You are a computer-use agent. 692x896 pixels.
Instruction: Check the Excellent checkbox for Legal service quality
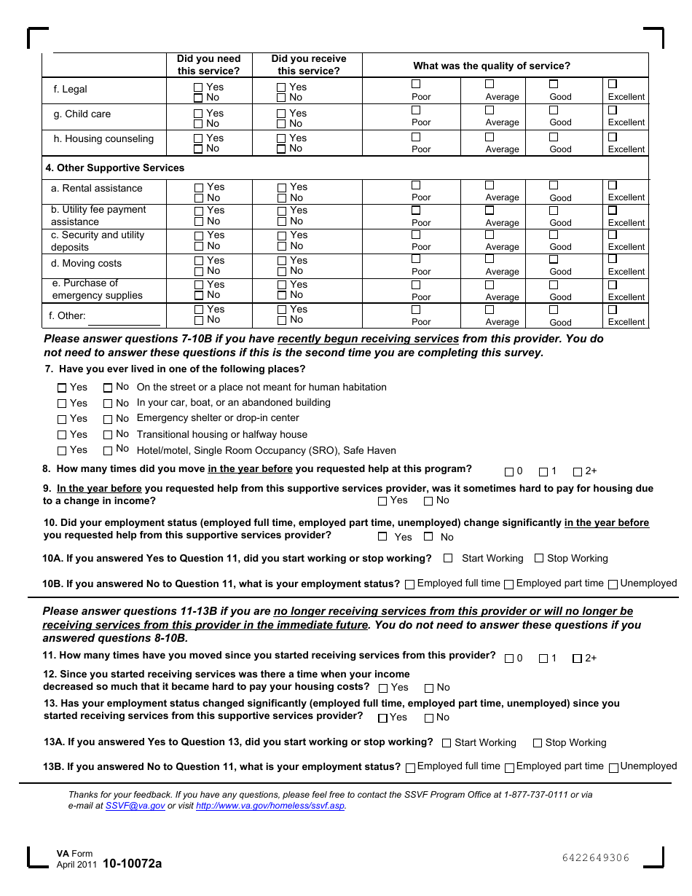click(613, 84)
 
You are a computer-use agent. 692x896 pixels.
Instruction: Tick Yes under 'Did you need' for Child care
click(198, 114)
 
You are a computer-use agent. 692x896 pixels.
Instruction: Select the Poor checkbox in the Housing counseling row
click(416, 137)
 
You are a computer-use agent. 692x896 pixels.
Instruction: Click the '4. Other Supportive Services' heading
click(115, 168)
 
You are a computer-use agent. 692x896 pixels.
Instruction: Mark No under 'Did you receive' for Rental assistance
click(282, 198)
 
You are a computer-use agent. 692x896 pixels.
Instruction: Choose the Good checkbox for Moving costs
click(554, 259)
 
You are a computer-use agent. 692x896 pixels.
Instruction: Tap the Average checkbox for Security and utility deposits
click(489, 235)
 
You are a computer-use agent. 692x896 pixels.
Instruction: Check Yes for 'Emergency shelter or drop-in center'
click(62, 419)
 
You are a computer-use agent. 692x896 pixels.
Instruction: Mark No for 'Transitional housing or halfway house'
click(108, 435)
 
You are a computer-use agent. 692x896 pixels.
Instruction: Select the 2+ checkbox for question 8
click(578, 472)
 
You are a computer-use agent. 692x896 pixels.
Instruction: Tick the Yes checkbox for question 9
click(382, 501)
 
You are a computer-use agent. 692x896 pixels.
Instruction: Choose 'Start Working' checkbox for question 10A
click(448, 559)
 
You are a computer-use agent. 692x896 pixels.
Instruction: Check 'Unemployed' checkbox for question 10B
click(613, 584)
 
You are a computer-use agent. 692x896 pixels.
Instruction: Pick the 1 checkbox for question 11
click(543, 659)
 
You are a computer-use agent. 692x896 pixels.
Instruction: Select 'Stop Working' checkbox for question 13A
click(538, 743)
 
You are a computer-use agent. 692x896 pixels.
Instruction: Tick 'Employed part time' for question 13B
click(509, 767)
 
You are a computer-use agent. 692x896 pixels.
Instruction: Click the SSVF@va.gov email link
click(135, 806)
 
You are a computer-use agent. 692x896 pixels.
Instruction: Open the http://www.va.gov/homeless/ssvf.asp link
click(270, 806)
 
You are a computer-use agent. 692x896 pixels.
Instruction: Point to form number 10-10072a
click(133, 864)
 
